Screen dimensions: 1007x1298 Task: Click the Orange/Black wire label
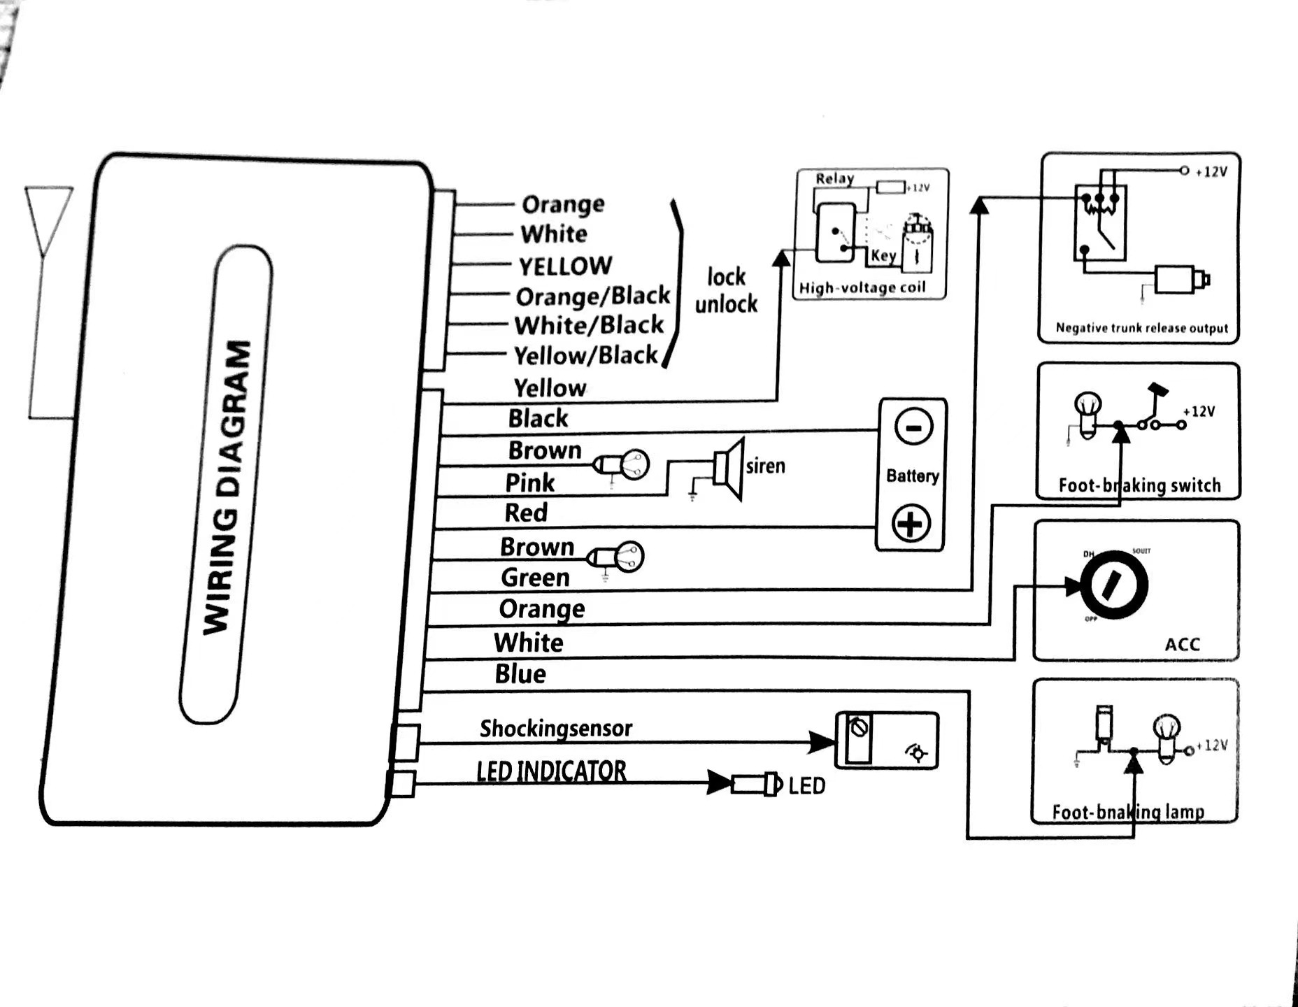coord(592,297)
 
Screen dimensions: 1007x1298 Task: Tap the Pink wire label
coord(529,483)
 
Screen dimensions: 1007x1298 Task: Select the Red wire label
coord(526,513)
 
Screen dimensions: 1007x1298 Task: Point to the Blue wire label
coord(520,674)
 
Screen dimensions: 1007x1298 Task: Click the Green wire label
coord(535,578)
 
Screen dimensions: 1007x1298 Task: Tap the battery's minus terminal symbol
coord(913,426)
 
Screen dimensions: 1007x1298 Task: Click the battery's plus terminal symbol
coord(911,523)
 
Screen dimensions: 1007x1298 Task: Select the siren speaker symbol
coord(729,468)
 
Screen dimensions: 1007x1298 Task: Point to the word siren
coord(765,466)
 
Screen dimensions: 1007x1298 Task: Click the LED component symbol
coord(756,784)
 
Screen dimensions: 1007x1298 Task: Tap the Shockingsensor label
coord(555,729)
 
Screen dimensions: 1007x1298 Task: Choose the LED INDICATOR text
coord(551,771)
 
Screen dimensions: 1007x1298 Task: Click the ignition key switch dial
coord(1113,586)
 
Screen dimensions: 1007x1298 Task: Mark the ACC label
coord(1182,644)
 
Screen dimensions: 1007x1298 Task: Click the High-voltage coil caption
coord(862,287)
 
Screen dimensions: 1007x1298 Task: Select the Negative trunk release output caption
coord(1141,328)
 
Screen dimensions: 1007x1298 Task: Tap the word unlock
coord(726,304)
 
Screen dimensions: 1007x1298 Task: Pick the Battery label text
coord(912,476)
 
